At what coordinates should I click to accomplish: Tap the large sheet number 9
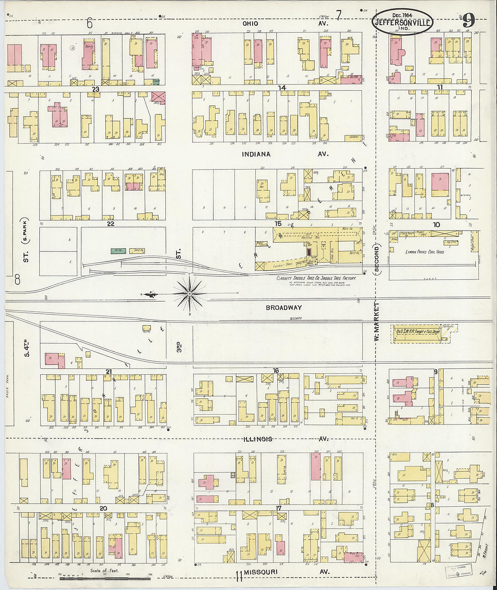(x=469, y=20)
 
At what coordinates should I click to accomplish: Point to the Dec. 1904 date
(x=402, y=15)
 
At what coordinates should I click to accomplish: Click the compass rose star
(x=190, y=294)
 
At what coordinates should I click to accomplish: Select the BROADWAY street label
(x=283, y=308)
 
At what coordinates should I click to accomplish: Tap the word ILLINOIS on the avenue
(x=258, y=439)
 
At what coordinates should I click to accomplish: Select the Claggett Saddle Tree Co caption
(x=316, y=278)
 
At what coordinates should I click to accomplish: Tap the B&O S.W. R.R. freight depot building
(x=418, y=334)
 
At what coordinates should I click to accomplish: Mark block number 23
(x=95, y=90)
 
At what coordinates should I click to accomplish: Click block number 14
(x=282, y=88)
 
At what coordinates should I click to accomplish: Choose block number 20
(x=103, y=508)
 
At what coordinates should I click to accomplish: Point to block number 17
(x=279, y=508)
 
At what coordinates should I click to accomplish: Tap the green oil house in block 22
(x=118, y=250)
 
